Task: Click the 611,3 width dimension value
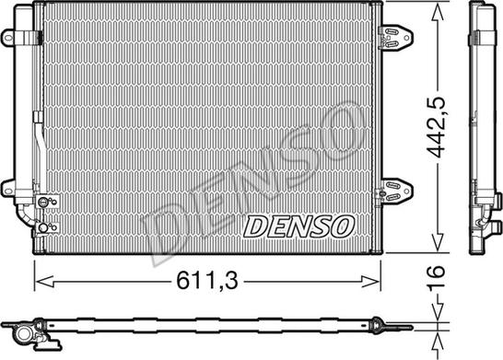(x=207, y=280)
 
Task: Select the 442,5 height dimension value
(x=437, y=127)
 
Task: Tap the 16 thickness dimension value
(x=437, y=278)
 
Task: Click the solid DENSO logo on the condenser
(x=299, y=226)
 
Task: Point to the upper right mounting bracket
(x=395, y=37)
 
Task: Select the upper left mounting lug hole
(x=8, y=38)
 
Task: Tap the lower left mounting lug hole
(x=8, y=192)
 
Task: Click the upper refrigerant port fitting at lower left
(x=43, y=202)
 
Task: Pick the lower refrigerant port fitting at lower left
(x=43, y=227)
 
